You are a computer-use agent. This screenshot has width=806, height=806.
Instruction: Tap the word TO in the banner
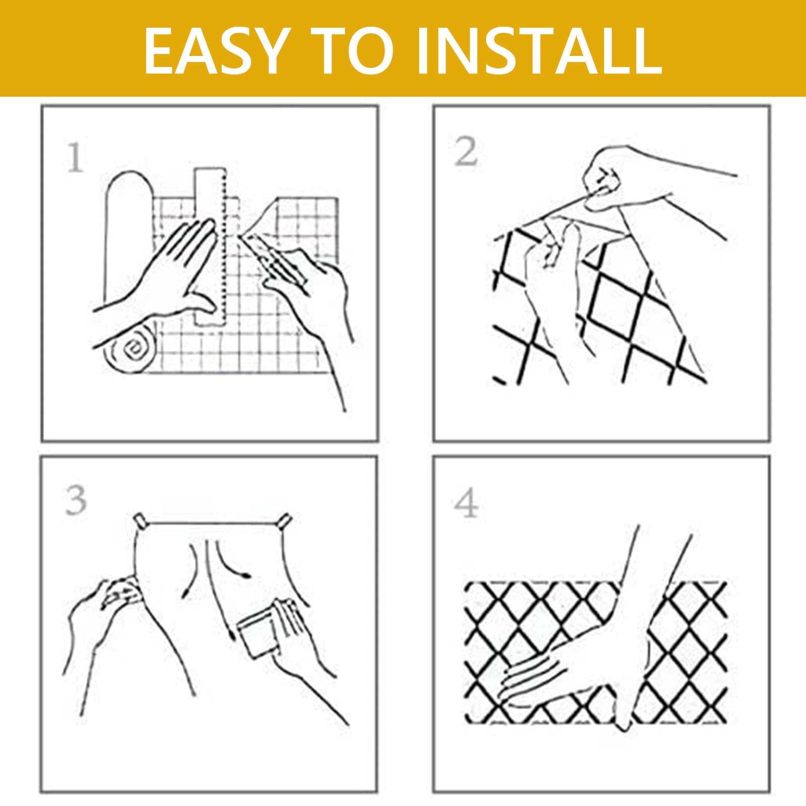click(351, 50)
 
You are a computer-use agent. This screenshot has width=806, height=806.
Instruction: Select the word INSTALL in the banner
click(540, 50)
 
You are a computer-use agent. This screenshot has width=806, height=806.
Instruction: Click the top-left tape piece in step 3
click(142, 520)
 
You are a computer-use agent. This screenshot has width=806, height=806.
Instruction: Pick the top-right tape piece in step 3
click(285, 520)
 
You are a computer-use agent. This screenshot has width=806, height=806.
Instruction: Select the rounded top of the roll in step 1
click(128, 184)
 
